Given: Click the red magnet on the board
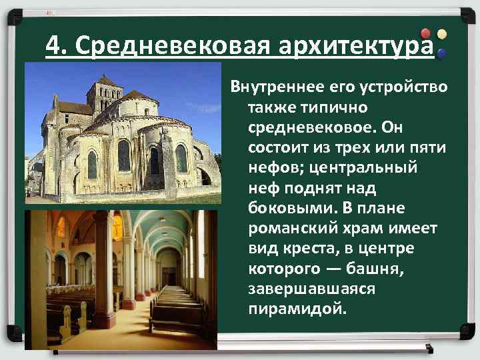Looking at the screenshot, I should click(426, 33).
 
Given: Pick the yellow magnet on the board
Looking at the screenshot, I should click(441, 33).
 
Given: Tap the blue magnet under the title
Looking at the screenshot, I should click(441, 53).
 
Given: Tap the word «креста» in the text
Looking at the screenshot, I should click(312, 248).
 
